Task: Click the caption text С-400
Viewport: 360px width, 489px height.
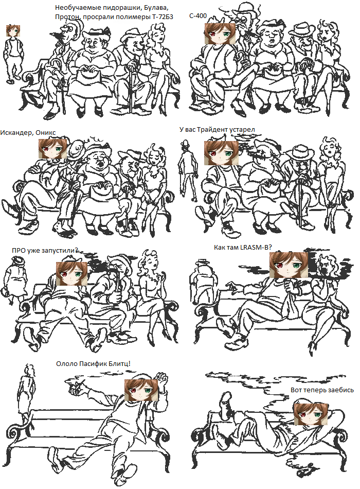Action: point(197,15)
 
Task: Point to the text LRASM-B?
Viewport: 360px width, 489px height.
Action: point(256,247)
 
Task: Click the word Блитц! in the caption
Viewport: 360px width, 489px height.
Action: point(120,363)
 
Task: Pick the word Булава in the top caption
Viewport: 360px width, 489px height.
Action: point(158,8)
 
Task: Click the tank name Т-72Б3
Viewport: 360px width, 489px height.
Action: point(163,17)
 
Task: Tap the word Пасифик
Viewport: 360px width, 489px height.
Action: point(93,364)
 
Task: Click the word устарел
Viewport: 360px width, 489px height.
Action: point(242,129)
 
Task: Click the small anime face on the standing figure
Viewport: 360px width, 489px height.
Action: point(13,30)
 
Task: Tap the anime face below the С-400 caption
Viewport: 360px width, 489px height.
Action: point(220,33)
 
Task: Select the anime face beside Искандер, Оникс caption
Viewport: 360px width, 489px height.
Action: point(52,148)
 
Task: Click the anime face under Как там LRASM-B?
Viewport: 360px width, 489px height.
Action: point(289,265)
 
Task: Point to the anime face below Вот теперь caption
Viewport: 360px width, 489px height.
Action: point(311,414)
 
